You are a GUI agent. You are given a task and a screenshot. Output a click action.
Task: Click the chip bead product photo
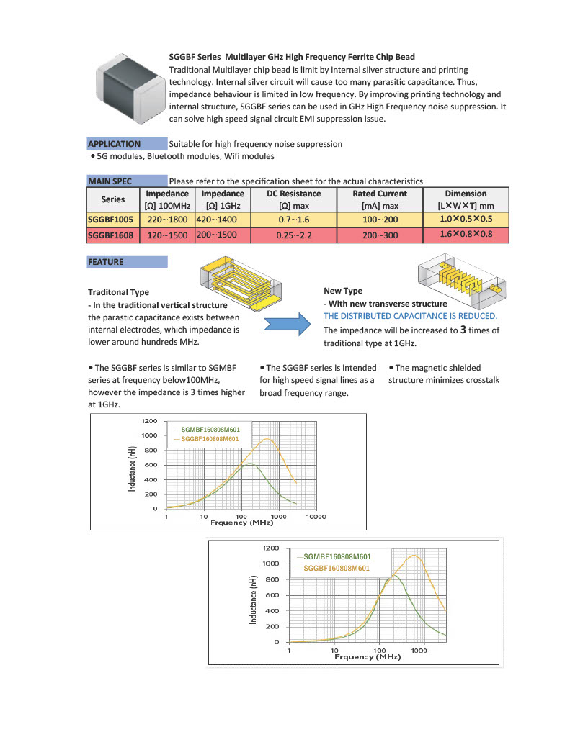click(x=128, y=85)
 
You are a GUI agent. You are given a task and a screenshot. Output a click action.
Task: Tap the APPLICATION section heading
click(x=114, y=144)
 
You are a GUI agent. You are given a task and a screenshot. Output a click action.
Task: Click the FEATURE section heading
click(x=106, y=262)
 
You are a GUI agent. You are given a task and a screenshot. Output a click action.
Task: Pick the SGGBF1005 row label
click(x=113, y=218)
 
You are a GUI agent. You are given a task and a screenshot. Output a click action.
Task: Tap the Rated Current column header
click(x=380, y=194)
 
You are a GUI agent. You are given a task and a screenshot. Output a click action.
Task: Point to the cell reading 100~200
click(x=380, y=218)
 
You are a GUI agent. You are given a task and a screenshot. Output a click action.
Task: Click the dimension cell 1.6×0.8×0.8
click(x=466, y=235)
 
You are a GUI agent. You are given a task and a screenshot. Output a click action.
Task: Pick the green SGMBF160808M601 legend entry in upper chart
click(x=210, y=430)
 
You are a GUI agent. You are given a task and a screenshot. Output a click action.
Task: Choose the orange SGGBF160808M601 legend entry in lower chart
click(x=337, y=569)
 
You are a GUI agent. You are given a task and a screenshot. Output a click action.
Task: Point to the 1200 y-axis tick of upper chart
click(x=149, y=420)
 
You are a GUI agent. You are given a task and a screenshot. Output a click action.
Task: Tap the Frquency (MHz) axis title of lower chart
click(x=368, y=657)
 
